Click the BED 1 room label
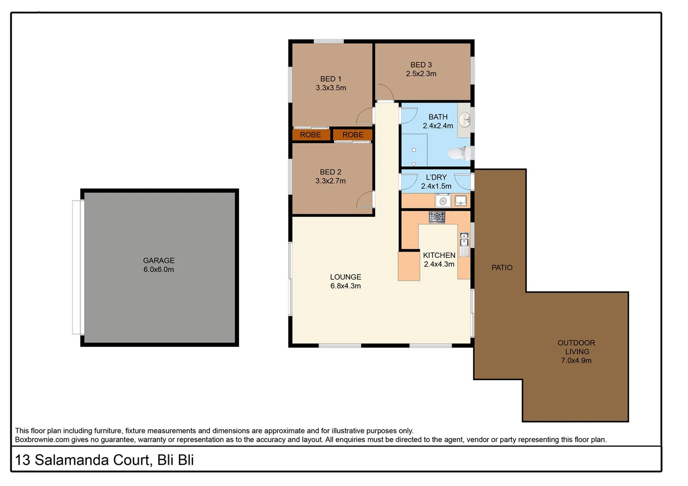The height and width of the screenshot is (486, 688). point(330,79)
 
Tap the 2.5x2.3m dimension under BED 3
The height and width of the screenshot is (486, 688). point(421,74)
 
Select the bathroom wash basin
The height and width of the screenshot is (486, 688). point(464,120)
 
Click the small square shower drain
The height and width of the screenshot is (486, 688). point(414,150)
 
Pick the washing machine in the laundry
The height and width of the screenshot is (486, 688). point(443,201)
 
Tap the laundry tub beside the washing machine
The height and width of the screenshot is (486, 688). point(461,200)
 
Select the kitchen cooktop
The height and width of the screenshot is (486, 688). point(436,217)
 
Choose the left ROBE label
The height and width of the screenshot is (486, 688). point(310,135)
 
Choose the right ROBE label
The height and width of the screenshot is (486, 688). point(353,135)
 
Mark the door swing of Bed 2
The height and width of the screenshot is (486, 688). point(365,199)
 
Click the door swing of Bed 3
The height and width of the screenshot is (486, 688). point(385,92)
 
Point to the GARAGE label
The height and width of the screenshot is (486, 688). point(158,261)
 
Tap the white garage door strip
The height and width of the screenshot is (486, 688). point(77,267)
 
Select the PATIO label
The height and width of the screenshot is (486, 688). point(502,268)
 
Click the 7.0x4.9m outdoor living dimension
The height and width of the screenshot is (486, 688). point(576,360)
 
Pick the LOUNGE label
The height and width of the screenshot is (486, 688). point(345,277)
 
